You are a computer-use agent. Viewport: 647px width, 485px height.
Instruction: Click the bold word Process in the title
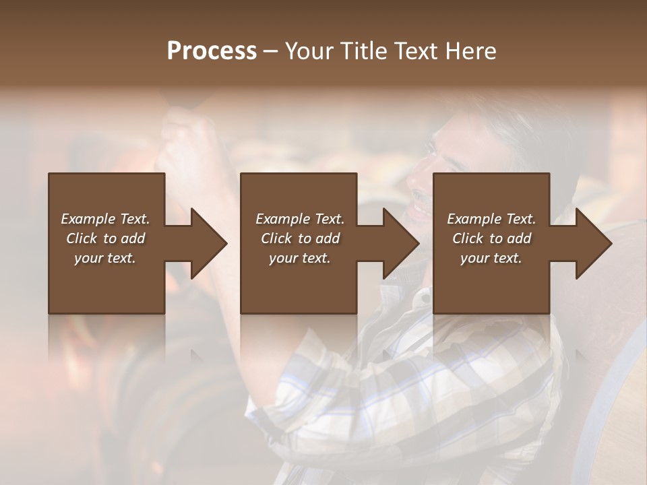212,51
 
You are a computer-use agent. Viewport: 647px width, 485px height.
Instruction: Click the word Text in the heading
416,51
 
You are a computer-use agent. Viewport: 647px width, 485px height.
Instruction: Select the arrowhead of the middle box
401,243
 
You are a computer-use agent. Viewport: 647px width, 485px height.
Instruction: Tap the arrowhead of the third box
594,243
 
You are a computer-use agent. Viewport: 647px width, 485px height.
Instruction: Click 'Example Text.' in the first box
105,219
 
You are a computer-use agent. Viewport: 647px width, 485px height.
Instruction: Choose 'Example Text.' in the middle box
299,219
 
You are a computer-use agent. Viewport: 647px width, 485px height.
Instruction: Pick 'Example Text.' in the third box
491,219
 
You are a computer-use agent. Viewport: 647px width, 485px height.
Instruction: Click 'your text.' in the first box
105,258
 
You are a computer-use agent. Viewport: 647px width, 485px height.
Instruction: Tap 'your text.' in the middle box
299,258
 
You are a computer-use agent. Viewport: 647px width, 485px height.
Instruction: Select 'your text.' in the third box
491,258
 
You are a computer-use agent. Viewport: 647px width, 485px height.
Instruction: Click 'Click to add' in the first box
105,238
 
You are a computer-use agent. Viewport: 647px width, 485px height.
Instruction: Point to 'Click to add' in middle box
299,238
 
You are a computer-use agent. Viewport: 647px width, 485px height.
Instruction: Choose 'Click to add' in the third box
491,238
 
